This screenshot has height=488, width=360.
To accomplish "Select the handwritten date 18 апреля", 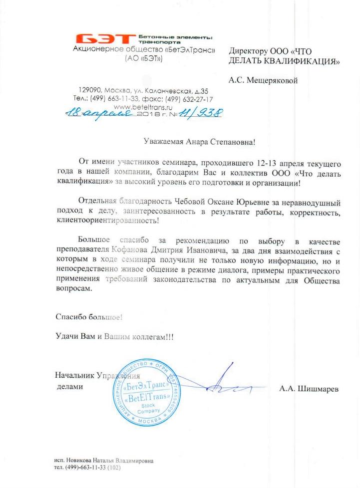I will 98,114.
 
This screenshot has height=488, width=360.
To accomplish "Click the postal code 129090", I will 89,90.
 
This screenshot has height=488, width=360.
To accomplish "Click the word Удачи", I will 66,337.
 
